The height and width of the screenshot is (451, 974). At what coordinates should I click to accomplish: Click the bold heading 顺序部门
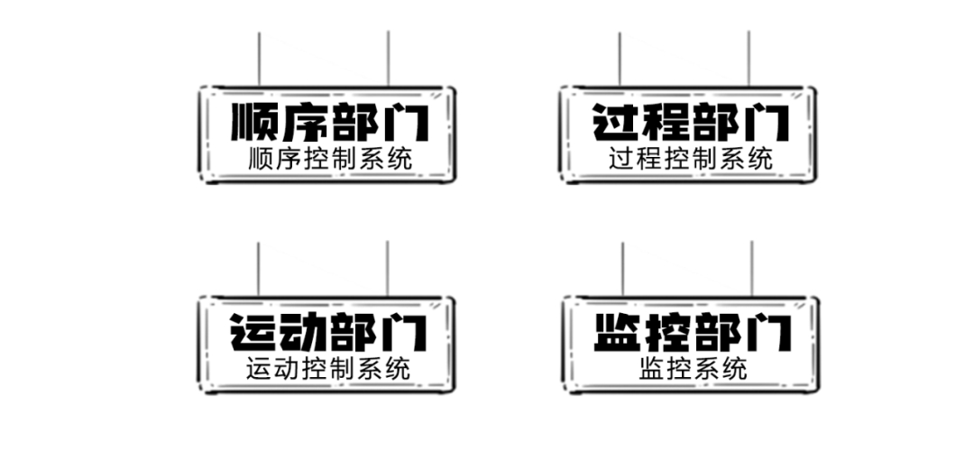pyautogui.click(x=329, y=122)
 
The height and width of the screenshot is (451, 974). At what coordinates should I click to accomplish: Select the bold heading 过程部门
pyautogui.click(x=690, y=122)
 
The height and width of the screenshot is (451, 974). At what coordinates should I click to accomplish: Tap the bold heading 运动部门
pyautogui.click(x=329, y=332)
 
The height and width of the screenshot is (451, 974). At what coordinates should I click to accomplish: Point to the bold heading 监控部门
pyautogui.click(x=693, y=332)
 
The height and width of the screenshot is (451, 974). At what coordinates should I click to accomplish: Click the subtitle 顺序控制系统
pyautogui.click(x=330, y=159)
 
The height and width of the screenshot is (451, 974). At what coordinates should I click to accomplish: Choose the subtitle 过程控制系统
pyautogui.click(x=691, y=159)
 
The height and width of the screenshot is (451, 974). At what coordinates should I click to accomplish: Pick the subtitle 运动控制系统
pyautogui.click(x=328, y=369)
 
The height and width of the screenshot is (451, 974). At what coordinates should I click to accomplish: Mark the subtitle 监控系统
pyautogui.click(x=693, y=369)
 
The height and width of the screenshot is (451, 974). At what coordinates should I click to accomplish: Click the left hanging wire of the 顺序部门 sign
pyautogui.click(x=259, y=59)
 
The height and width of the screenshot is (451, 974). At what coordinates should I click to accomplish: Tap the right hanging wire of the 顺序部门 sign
pyautogui.click(x=388, y=59)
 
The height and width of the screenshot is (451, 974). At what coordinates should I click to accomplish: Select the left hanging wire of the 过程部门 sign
pyautogui.click(x=620, y=59)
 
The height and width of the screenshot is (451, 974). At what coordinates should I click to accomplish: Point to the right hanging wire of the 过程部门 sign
pyautogui.click(x=749, y=59)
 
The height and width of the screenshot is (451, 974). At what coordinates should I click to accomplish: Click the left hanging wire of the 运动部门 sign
pyautogui.click(x=258, y=269)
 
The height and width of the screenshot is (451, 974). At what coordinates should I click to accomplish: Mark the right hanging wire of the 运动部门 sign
pyautogui.click(x=387, y=269)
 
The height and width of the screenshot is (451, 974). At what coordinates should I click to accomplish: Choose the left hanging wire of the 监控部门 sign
pyautogui.click(x=622, y=269)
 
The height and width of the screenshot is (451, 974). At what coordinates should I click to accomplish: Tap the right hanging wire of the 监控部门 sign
pyautogui.click(x=751, y=269)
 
